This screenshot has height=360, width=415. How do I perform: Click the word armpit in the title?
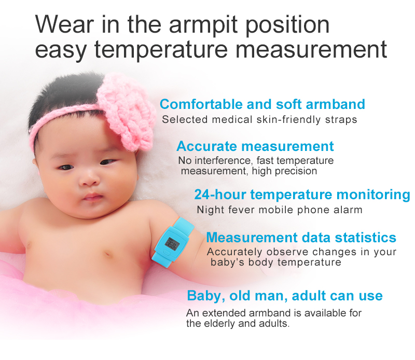[203, 25]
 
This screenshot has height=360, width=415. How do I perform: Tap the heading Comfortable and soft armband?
[262, 104]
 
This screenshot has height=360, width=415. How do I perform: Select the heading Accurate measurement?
[255, 146]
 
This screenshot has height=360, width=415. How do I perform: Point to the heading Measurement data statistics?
[301, 237]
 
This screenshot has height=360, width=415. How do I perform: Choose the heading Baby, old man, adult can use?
[285, 296]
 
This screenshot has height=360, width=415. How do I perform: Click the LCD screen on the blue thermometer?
[171, 243]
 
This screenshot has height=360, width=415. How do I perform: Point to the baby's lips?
[92, 198]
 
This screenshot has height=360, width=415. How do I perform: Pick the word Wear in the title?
[64, 24]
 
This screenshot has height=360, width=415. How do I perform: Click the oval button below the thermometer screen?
[165, 252]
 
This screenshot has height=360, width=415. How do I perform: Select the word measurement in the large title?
[311, 49]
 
